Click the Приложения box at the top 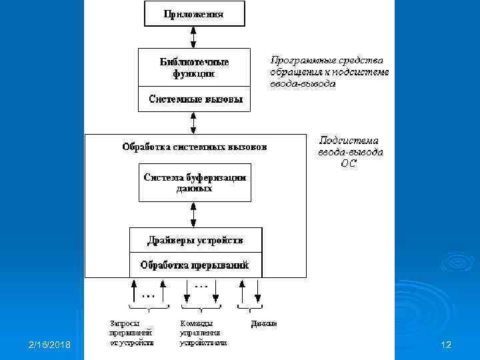tap(194, 13)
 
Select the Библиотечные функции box tap(194, 67)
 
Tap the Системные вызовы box tap(194, 100)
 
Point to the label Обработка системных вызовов tap(194, 147)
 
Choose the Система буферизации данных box tap(195, 183)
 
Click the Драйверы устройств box tap(195, 240)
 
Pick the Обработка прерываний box tap(195, 265)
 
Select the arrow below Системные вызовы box tap(193, 123)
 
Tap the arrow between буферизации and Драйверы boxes tap(193, 215)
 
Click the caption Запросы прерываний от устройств tap(131, 333)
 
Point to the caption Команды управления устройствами tap(203, 333)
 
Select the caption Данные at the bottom tap(263, 324)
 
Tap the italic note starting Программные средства tap(329, 71)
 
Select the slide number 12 tap(446, 345)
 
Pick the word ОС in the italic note tap(349, 163)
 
